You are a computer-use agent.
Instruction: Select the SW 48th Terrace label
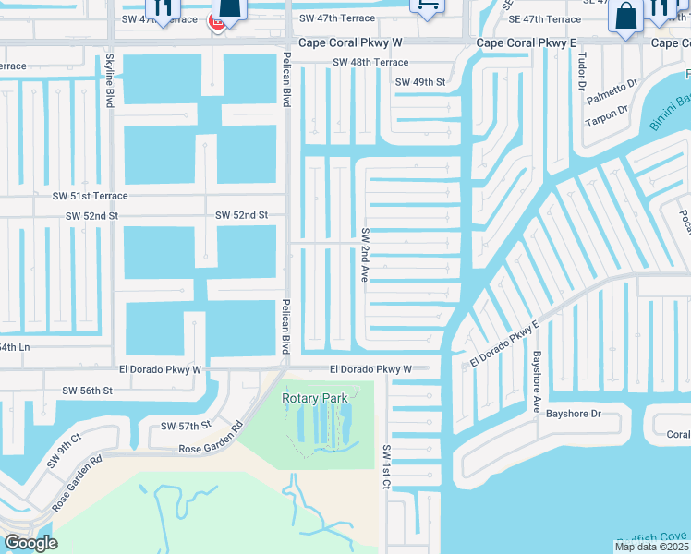click(x=370, y=63)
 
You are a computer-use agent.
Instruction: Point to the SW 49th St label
click(x=419, y=82)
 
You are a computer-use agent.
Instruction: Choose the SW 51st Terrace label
click(x=90, y=196)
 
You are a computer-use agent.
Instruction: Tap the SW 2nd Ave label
click(x=366, y=254)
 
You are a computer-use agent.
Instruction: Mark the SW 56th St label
click(x=87, y=391)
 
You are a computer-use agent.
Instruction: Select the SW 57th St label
click(x=186, y=426)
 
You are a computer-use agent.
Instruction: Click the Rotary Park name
click(x=316, y=398)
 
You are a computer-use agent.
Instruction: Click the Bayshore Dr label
click(x=573, y=415)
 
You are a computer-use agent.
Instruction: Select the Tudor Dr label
click(x=581, y=69)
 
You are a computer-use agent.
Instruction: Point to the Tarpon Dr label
click(x=606, y=110)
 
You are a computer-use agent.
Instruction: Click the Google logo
click(x=30, y=542)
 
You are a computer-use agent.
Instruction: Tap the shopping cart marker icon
click(x=427, y=6)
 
